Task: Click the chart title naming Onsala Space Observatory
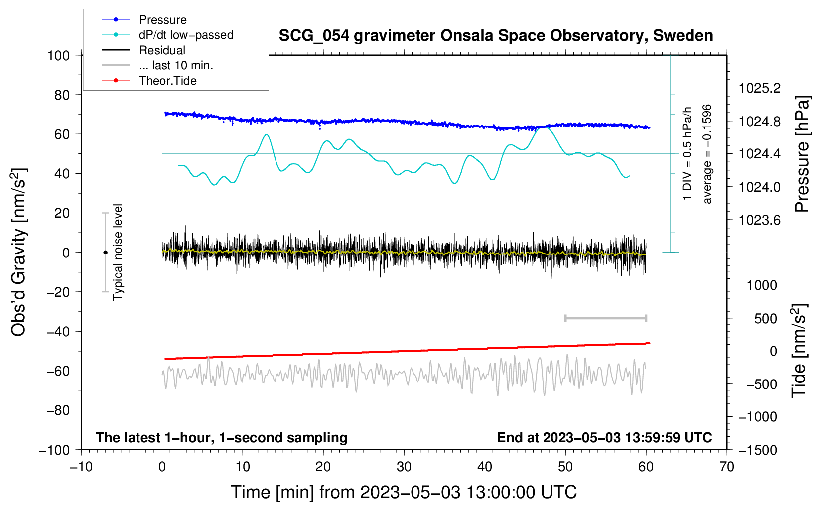point(496,36)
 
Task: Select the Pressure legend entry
point(162,20)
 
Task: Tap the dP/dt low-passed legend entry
point(186,35)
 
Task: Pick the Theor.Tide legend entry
point(167,81)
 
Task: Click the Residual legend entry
point(162,50)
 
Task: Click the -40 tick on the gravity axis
point(58,331)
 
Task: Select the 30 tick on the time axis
point(404,467)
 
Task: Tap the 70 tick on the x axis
point(727,467)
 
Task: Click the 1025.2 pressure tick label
point(760,88)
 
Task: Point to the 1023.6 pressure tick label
point(760,220)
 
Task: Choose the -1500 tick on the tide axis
point(758,450)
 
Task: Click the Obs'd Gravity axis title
point(19,253)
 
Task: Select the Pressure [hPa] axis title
point(802,154)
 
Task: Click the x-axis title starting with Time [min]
point(404,492)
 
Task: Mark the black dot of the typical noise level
point(105,253)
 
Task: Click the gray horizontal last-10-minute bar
point(605,318)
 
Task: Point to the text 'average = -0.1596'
point(707,154)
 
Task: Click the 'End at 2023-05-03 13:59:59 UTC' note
point(604,437)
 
